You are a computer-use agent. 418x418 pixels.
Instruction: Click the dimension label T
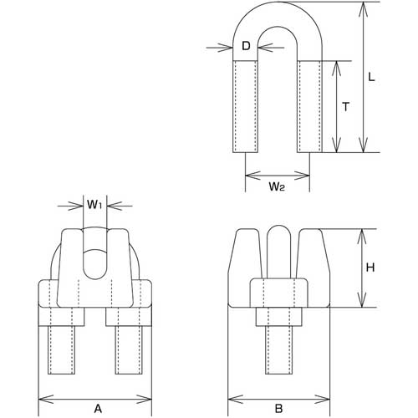345,106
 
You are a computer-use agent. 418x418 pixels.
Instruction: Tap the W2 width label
278,186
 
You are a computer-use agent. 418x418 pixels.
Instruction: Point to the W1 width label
94,203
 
